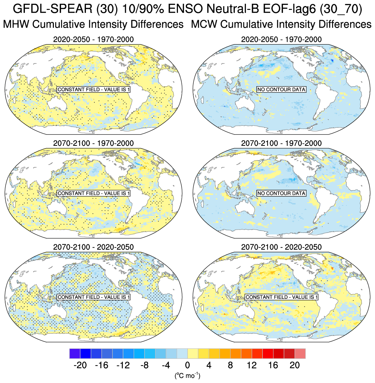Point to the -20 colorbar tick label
click(x=80, y=365)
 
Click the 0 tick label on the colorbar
click(x=187, y=365)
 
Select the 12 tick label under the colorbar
click(x=252, y=365)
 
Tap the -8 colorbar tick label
click(x=145, y=365)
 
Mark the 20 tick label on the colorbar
click(x=295, y=365)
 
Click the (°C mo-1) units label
click(x=187, y=376)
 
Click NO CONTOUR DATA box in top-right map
click(x=281, y=90)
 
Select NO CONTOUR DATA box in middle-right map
click(x=281, y=193)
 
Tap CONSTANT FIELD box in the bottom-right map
click(x=282, y=297)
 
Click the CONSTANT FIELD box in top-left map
click(x=94, y=90)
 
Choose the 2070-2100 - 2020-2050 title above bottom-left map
click(x=93, y=247)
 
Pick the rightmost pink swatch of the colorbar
click(x=300, y=354)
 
